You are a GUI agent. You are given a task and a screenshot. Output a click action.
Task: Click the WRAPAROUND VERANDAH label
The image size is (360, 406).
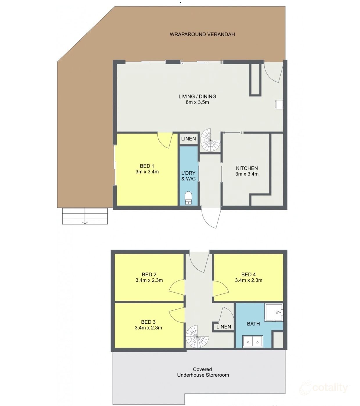pos(202,34)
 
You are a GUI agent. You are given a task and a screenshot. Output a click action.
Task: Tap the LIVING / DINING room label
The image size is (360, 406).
pos(197,97)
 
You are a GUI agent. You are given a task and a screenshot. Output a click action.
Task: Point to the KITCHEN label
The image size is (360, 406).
pos(247,168)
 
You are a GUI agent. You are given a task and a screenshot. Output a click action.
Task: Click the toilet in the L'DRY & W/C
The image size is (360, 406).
pos(189,198)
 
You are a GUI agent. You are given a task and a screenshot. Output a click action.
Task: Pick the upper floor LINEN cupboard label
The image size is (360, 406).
pos(189,139)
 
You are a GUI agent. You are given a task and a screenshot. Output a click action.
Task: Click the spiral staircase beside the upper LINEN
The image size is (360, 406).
pos(210,140)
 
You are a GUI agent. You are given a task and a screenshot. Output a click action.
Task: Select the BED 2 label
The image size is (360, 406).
pos(149,274)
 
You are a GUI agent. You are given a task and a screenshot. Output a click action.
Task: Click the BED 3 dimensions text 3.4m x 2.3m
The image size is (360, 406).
pos(148,328)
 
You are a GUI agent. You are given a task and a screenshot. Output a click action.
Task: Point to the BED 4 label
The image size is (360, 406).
pos(248,274)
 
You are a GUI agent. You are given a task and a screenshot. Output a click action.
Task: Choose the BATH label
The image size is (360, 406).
pos(253,324)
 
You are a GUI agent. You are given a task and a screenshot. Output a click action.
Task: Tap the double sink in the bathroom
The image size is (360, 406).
pos(253,341)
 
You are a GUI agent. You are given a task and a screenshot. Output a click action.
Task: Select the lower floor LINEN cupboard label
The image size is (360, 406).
pos(224,327)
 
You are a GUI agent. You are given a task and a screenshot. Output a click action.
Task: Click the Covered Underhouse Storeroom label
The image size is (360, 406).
pos(203,372)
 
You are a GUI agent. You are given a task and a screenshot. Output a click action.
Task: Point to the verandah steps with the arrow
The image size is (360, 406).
pos(85,216)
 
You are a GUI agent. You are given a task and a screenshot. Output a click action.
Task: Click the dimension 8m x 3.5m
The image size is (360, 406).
pos(197,102)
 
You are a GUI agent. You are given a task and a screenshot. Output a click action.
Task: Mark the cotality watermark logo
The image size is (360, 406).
pos(324,388)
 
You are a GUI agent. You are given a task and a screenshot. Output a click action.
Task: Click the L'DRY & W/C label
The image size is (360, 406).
pos(189,176)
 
